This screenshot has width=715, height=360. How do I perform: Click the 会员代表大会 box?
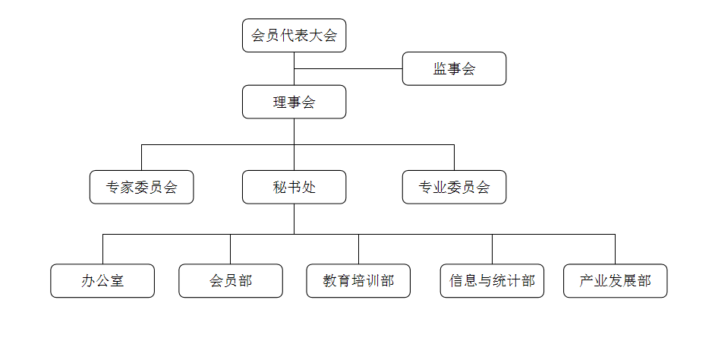pos(295,36)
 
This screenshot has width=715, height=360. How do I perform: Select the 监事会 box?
pos(454,69)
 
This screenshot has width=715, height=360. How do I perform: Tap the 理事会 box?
pos(295,103)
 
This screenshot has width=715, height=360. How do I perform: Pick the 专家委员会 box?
pos(142,188)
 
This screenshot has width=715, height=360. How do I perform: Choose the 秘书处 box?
pos(295,188)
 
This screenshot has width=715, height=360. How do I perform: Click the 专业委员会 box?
pos(454,188)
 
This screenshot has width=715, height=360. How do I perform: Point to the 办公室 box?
pos(102,281)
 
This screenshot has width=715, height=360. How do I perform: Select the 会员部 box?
pos(231,281)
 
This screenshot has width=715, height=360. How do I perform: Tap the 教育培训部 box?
pos(359,281)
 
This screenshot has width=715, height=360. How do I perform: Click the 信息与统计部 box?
pos(492,281)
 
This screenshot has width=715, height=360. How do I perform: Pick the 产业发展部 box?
pos(616,281)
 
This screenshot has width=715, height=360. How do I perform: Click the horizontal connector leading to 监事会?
pos(348,69)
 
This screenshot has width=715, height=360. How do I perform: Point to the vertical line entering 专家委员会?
pos(142,157)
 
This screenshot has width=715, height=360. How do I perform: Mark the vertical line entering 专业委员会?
pos(454,157)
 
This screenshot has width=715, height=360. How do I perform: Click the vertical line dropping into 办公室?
pos(102,249)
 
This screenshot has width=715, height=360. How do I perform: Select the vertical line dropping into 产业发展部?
pos(616,249)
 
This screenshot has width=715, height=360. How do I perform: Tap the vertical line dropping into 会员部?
pos(231,249)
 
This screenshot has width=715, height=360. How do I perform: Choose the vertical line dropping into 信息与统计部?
pos(492,249)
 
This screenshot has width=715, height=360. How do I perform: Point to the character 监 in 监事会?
pos(440,69)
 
